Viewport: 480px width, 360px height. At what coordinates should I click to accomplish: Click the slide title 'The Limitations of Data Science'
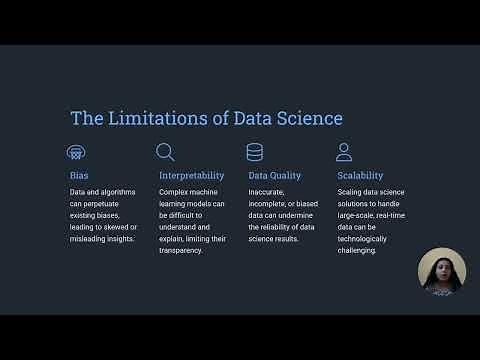pyautogui.click(x=206, y=119)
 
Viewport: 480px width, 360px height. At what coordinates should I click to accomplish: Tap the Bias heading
pyautogui.click(x=79, y=176)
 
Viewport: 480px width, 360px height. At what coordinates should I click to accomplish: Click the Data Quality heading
pyautogui.click(x=274, y=176)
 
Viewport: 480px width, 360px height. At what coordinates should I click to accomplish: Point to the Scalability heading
pyautogui.click(x=360, y=176)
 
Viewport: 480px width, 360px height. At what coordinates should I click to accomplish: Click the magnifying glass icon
pyautogui.click(x=166, y=152)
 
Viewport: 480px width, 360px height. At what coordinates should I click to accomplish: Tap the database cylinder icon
pyautogui.click(x=255, y=152)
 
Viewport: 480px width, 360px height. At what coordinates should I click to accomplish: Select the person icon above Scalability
pyautogui.click(x=344, y=152)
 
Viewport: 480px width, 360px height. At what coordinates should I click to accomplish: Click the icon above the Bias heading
pyautogui.click(x=76, y=152)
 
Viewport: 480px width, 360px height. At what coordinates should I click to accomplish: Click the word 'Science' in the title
pyautogui.click(x=310, y=119)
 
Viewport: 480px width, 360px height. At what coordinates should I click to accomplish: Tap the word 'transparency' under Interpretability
pyautogui.click(x=182, y=250)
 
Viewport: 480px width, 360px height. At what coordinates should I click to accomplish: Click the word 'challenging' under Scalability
pyautogui.click(x=358, y=250)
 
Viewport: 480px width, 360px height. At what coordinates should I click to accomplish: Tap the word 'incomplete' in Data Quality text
pyautogui.click(x=271, y=203)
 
